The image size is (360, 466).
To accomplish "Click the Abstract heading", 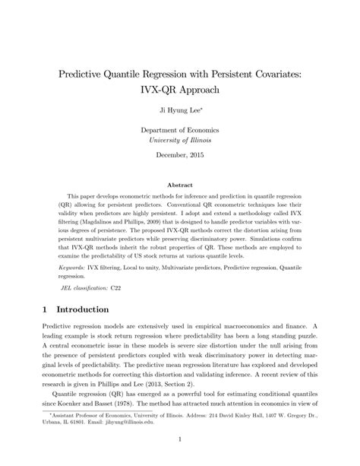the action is (x=179, y=184).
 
